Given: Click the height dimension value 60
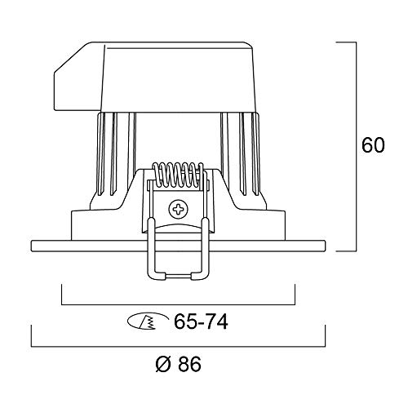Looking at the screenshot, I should click(x=372, y=147).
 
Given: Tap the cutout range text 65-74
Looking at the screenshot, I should click(x=200, y=322).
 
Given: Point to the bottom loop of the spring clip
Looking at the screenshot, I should click(x=179, y=276).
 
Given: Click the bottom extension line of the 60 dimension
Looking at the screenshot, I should click(x=347, y=251).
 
